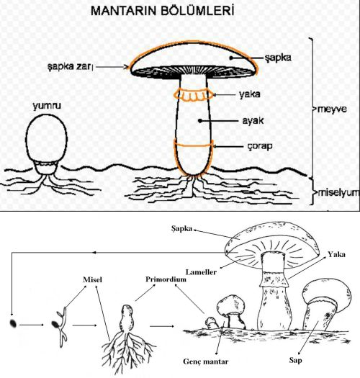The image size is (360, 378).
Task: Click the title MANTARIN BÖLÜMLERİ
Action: tap(162, 11)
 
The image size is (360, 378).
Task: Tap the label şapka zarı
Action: tap(70, 66)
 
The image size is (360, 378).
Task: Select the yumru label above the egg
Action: tap(47, 106)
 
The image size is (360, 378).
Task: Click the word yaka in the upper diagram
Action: tap(250, 94)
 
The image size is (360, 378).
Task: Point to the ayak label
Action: tap(253, 120)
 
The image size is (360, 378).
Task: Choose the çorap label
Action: tap(260, 146)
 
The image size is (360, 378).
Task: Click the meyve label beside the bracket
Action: tap(332, 109)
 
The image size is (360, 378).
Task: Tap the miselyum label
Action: tap(338, 193)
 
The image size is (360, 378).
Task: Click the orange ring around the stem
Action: tap(194, 94)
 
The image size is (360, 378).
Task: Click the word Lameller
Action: tap(201, 272)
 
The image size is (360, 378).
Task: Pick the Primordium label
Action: tap(166, 279)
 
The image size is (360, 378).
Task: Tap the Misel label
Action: tap(92, 279)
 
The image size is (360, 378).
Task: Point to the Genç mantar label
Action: tap(206, 361)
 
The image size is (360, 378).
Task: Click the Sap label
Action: tap(295, 361)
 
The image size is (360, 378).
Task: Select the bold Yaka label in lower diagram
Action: tap(336, 255)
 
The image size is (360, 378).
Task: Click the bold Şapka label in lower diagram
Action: tap(182, 228)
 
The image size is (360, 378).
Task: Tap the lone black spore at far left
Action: tap(13, 323)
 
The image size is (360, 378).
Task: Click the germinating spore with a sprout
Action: tap(60, 327)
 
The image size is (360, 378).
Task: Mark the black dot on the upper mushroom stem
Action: tap(200, 120)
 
